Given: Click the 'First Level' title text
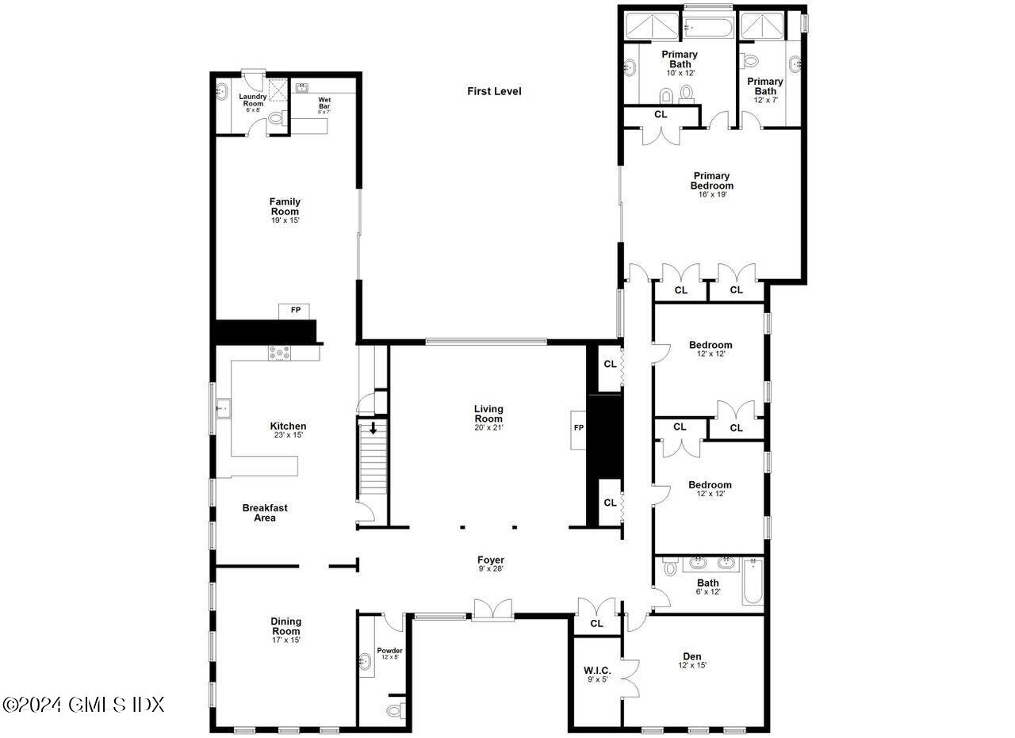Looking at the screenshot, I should click(x=494, y=91).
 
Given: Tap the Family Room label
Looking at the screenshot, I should click(x=285, y=206).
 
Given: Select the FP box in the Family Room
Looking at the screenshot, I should click(x=295, y=310).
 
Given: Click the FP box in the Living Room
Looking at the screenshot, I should click(x=578, y=429).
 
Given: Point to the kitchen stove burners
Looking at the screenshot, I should click(x=279, y=353).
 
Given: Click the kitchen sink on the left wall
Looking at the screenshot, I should click(x=223, y=409).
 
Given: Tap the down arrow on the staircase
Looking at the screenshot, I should click(x=373, y=429).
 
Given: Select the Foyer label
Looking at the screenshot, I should click(x=491, y=560).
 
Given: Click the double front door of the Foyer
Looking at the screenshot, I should click(x=493, y=609).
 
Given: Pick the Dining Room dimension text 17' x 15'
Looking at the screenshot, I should click(x=285, y=640).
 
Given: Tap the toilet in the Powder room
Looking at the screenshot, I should click(x=396, y=708).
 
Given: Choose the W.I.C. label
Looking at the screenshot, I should click(x=596, y=670).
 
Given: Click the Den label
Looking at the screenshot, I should click(x=692, y=656).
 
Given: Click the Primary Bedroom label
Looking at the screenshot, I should click(x=711, y=181).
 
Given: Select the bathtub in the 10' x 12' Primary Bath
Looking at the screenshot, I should click(x=709, y=26).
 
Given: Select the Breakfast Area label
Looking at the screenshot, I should click(x=265, y=512).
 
